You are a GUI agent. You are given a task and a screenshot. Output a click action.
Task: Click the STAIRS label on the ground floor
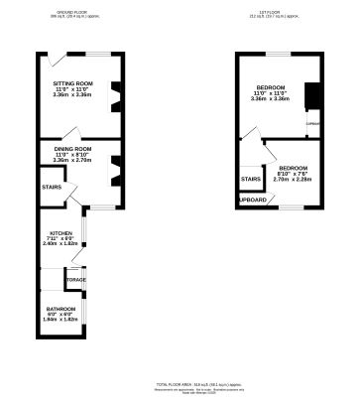tap(52, 187)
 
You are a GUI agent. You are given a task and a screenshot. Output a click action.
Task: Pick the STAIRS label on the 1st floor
tap(250, 179)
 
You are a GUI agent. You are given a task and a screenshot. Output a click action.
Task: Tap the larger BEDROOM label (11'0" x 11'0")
tap(271, 88)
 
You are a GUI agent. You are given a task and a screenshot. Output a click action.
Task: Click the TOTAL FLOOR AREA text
tap(180, 383)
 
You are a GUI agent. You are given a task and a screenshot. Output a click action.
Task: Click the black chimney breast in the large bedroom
tap(309, 95)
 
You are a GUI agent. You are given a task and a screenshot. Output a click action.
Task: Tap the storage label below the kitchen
tap(75, 280)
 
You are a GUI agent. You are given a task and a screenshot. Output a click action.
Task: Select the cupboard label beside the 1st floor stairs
tap(254, 200)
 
